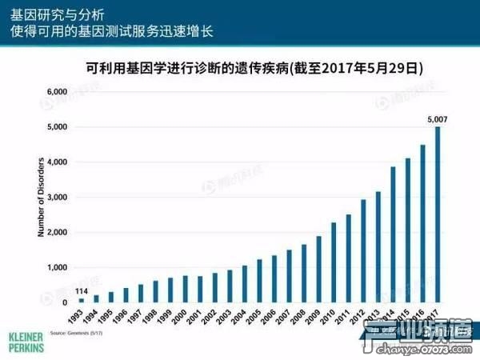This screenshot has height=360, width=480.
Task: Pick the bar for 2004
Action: [x=245, y=284]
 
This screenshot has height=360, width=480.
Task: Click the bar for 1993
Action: [x=82, y=300]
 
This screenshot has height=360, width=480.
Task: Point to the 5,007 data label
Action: [x=438, y=119]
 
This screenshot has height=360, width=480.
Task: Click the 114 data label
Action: [x=82, y=290]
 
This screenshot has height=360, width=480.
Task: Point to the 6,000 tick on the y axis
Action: [x=57, y=92]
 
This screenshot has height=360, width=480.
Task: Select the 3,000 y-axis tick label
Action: [x=57, y=198]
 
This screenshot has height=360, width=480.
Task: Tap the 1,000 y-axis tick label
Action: [x=57, y=267]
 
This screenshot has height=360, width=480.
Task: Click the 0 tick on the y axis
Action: [x=65, y=302]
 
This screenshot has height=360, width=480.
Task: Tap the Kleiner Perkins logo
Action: [x=25, y=338]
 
